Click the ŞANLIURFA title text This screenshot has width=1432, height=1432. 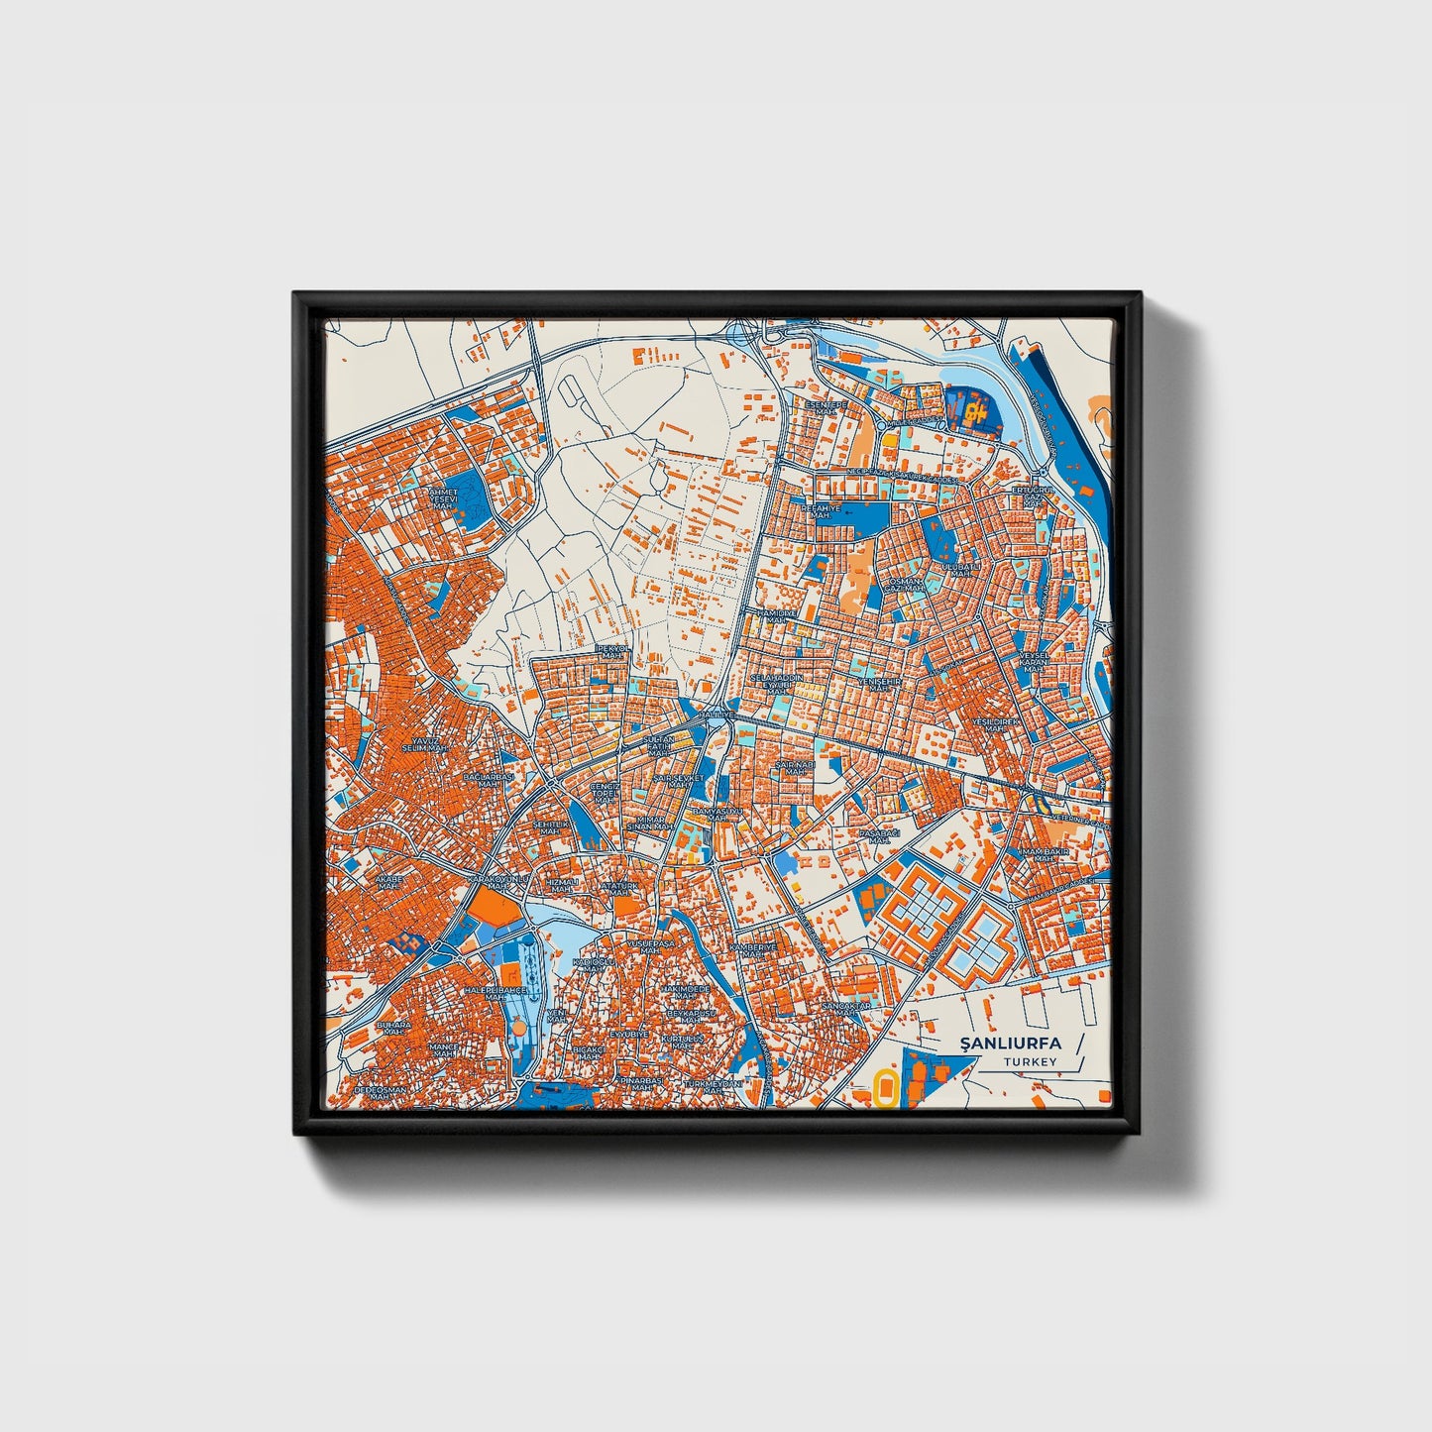pyautogui.click(x=1010, y=1043)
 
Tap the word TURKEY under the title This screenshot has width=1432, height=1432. pyautogui.click(x=1030, y=1061)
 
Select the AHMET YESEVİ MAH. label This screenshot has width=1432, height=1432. pyautogui.click(x=442, y=497)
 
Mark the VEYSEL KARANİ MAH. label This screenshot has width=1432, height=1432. pyautogui.click(x=1033, y=661)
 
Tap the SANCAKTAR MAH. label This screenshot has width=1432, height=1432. pyautogui.click(x=845, y=1009)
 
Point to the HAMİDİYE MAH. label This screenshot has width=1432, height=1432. pyautogui.click(x=777, y=615)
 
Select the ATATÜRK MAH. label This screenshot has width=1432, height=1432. pyautogui.click(x=620, y=889)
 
